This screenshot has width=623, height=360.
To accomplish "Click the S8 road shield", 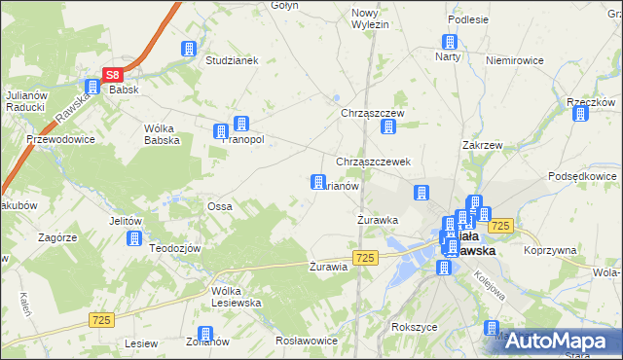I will pos(113,74).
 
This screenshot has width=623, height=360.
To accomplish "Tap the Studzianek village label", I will pos(231,59).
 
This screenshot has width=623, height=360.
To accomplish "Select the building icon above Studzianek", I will pos(188,49).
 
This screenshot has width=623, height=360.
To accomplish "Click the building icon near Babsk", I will pos(92,87).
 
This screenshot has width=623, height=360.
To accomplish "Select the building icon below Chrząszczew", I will pos(389,126).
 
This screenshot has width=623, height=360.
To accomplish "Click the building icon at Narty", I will pos(450,42).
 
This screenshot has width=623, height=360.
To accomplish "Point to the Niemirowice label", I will pos(513,59).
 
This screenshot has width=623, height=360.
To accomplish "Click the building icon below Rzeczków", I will pos(581,114).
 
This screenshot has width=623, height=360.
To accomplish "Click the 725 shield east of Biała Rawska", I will pos(501,226).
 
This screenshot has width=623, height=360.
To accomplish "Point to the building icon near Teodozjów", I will pos(134,237).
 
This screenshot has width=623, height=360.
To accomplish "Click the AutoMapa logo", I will pos(564,341).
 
